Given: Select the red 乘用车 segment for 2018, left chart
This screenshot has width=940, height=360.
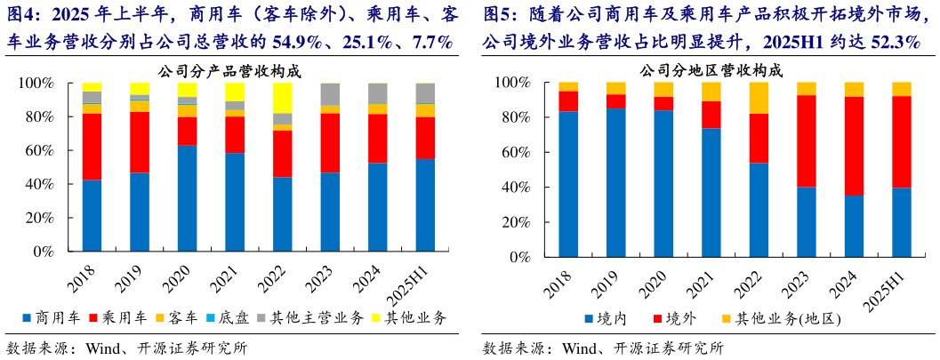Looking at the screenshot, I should click(92, 147).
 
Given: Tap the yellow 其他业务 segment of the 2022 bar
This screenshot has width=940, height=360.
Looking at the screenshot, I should click(283, 99).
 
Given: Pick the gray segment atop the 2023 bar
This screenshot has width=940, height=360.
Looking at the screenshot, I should click(330, 94).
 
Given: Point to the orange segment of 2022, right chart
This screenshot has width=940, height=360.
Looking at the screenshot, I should click(759, 98).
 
